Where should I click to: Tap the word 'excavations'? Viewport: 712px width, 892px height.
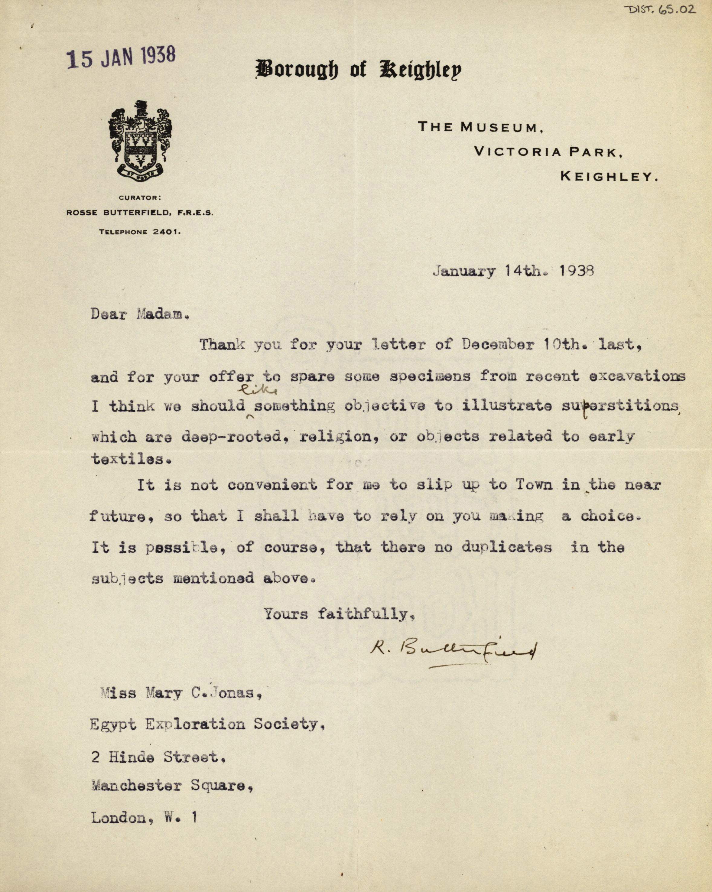pyautogui.click(x=636, y=376)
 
